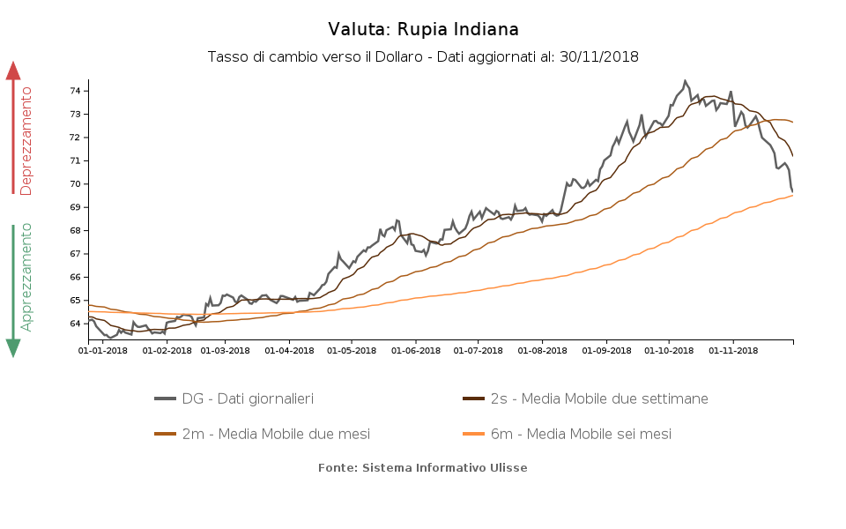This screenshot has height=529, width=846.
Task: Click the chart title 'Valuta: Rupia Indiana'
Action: (x=423, y=30)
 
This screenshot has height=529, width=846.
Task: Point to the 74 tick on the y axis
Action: (x=76, y=91)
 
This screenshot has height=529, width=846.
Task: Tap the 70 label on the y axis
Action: (x=76, y=184)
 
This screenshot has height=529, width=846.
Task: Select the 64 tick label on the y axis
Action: (x=76, y=324)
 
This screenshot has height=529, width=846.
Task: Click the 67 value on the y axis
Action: (x=76, y=254)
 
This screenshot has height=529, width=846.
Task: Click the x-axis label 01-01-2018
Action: (x=103, y=350)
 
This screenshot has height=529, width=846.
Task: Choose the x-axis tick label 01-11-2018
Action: (x=733, y=350)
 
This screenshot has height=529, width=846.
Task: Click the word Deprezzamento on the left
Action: (x=26, y=141)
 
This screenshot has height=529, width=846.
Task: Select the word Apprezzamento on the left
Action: (x=26, y=276)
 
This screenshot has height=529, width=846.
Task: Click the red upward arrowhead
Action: (x=13, y=71)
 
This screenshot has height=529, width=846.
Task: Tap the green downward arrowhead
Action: (x=13, y=347)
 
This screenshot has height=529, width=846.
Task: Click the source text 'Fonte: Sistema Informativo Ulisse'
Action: (x=423, y=468)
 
